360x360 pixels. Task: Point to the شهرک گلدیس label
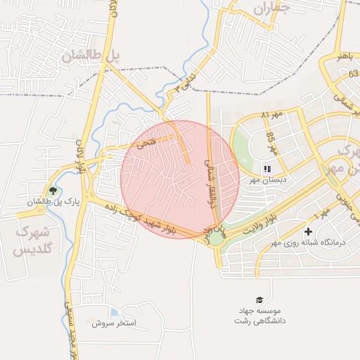[32, 240]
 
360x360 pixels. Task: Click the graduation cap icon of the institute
[259, 300]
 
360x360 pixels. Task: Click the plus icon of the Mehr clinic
[308, 231]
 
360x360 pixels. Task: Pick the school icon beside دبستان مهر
[266, 169]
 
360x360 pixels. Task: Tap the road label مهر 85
[272, 143]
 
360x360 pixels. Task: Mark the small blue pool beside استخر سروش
[114, 313]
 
